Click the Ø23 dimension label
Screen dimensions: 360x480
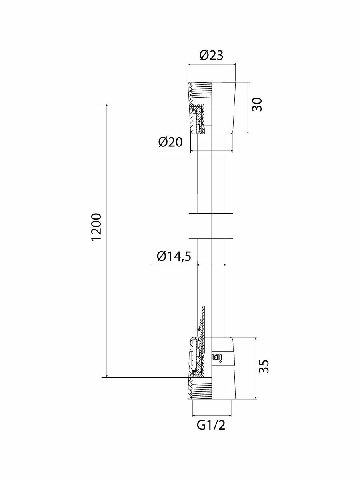point(211,55)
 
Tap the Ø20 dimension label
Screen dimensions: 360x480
point(170,142)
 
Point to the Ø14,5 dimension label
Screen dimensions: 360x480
point(174,256)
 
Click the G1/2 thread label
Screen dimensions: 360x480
point(211,425)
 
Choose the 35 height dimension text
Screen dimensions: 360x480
point(264,366)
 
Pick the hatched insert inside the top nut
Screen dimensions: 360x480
point(198,120)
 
